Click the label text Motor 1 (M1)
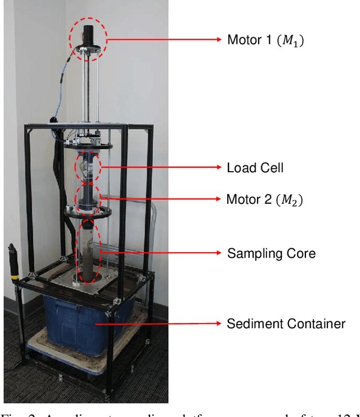[x=265, y=40]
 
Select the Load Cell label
[x=254, y=168]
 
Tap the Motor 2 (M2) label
[x=264, y=199]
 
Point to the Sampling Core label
[x=271, y=253]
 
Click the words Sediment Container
[x=286, y=324]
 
